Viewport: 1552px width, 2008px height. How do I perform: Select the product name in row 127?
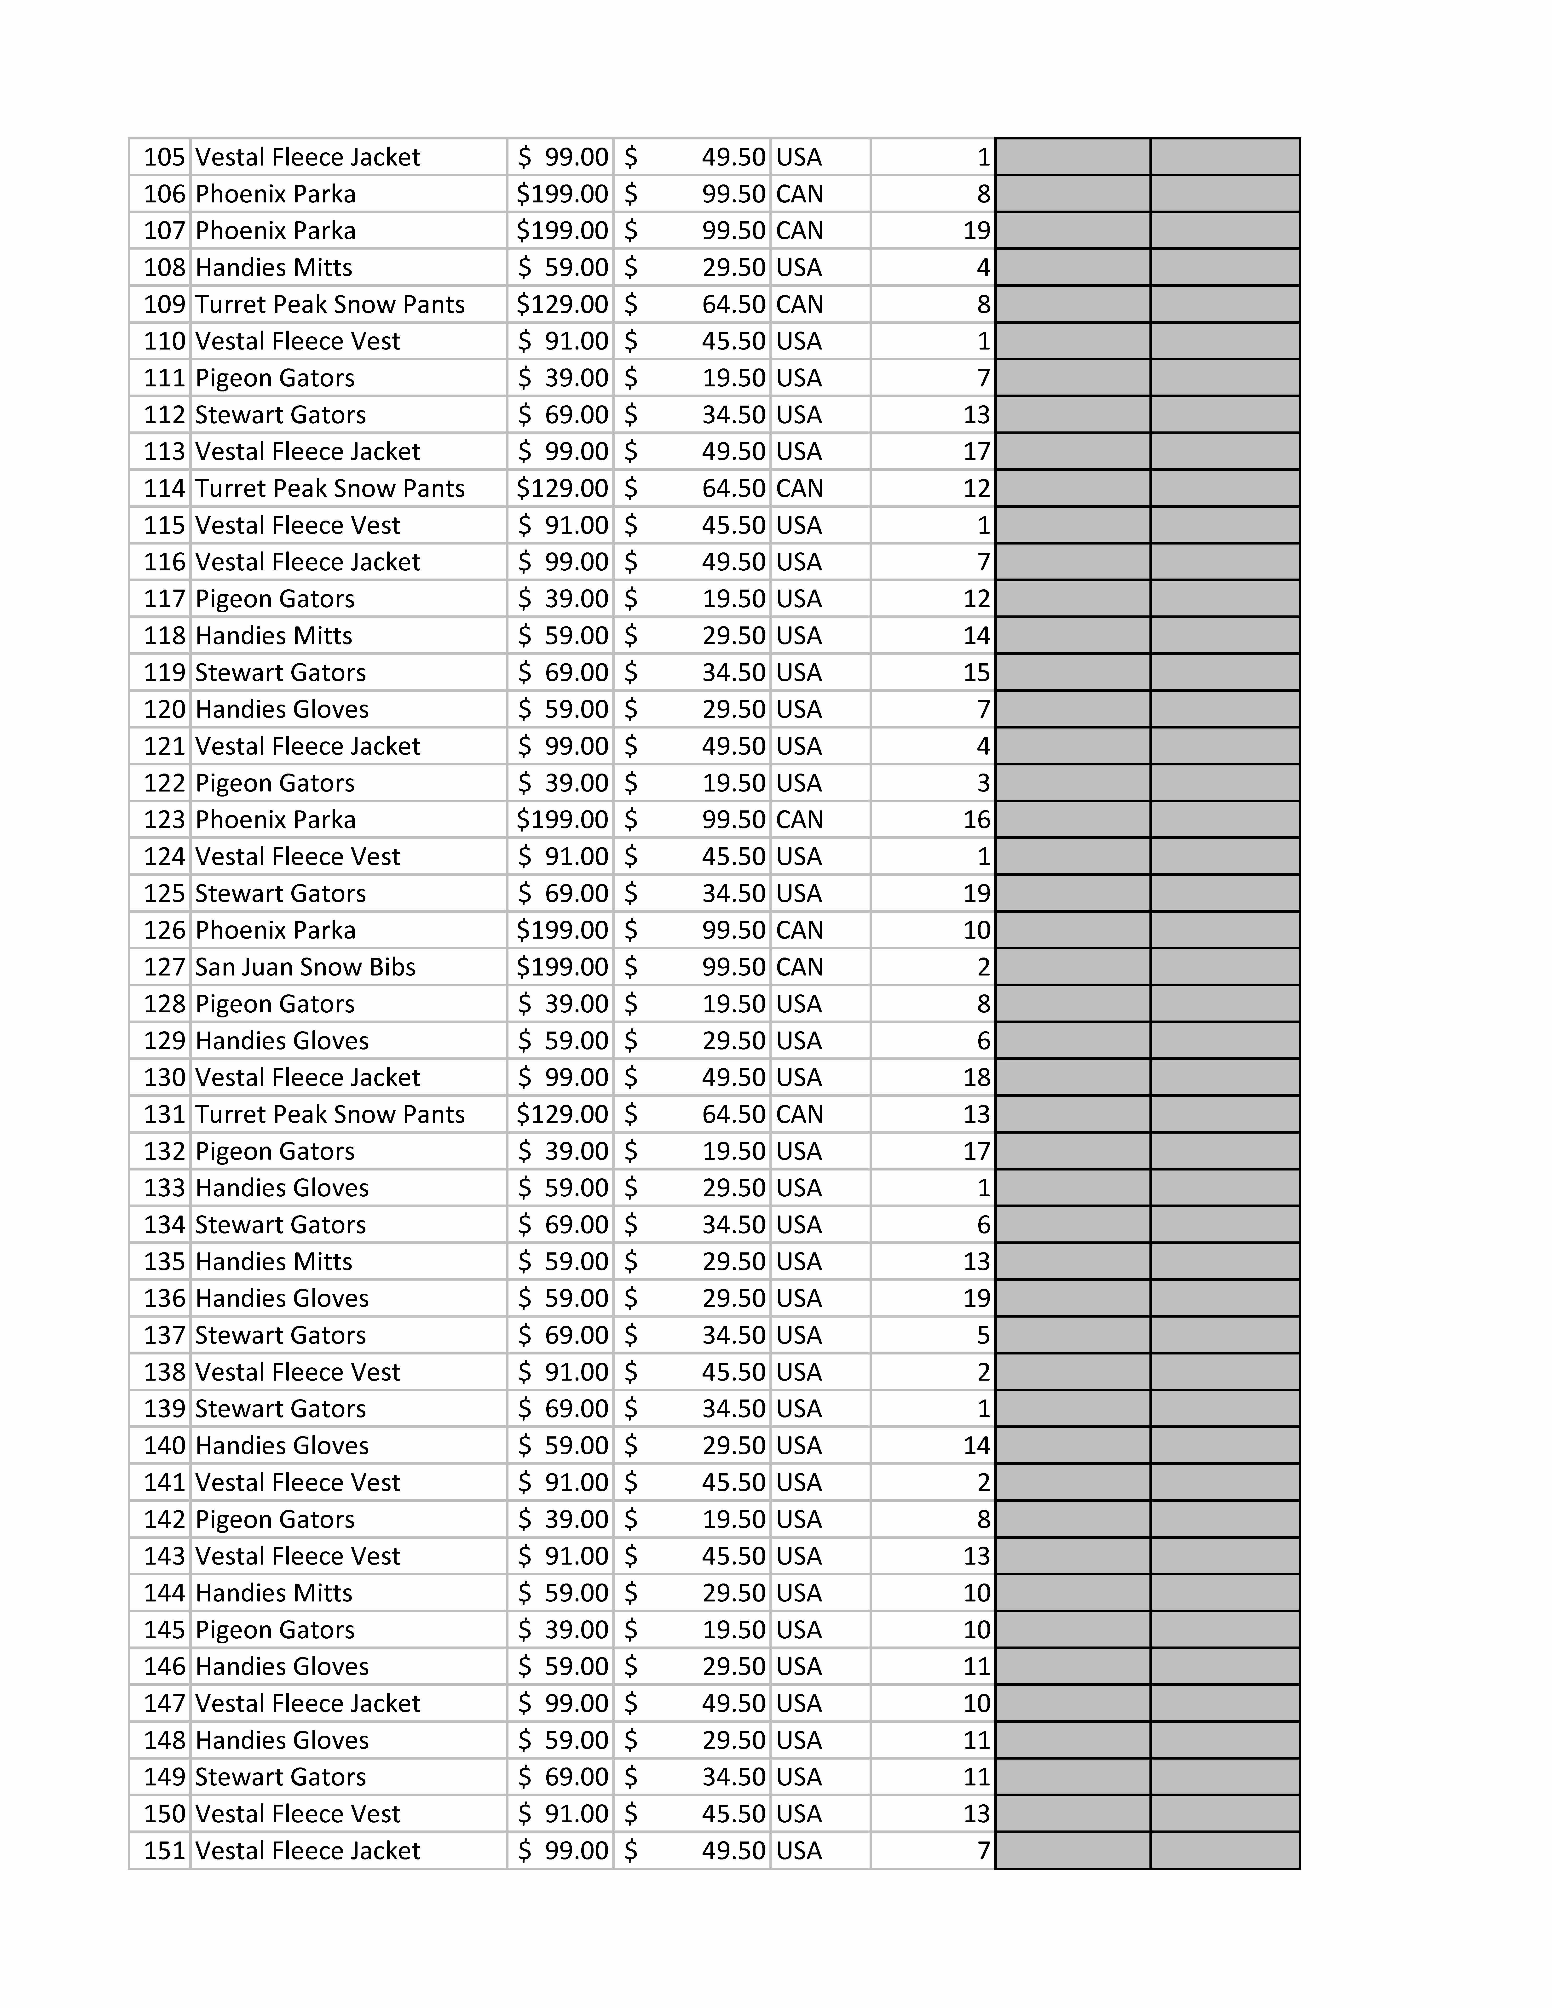click(305, 967)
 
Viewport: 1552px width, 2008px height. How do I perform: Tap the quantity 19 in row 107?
click(976, 231)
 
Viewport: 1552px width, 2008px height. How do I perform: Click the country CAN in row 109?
click(799, 304)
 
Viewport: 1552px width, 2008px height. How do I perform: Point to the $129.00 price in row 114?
click(562, 488)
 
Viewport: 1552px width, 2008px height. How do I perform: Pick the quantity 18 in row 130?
click(976, 1078)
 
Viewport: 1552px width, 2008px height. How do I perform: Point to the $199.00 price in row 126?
click(562, 930)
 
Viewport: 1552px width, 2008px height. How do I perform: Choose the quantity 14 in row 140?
click(976, 1445)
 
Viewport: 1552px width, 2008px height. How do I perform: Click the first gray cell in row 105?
click(1072, 157)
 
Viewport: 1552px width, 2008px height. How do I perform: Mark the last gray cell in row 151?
click(1225, 1851)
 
